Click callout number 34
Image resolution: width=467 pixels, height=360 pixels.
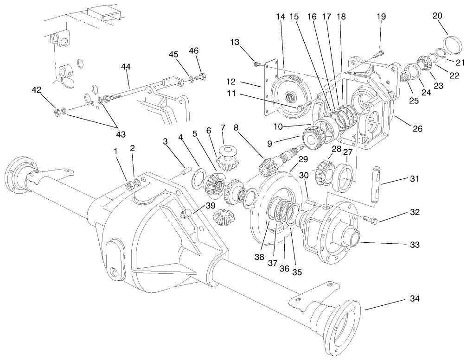point(414,299)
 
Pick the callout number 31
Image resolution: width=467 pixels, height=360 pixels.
point(414,179)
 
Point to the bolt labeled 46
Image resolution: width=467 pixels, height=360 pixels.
point(202,76)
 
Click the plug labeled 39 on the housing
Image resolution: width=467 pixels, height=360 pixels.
point(186,213)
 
